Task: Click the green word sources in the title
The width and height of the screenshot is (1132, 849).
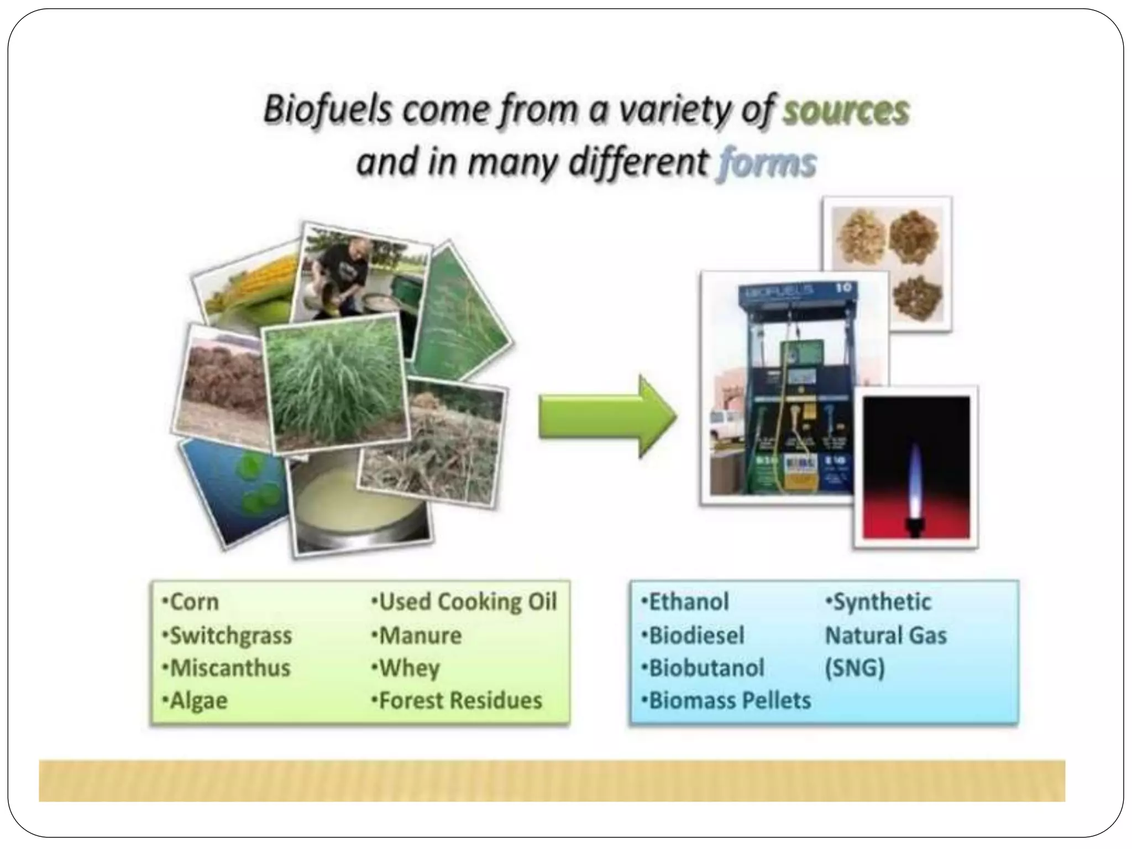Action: point(846,111)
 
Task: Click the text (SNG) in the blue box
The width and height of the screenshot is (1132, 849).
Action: point(855,668)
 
